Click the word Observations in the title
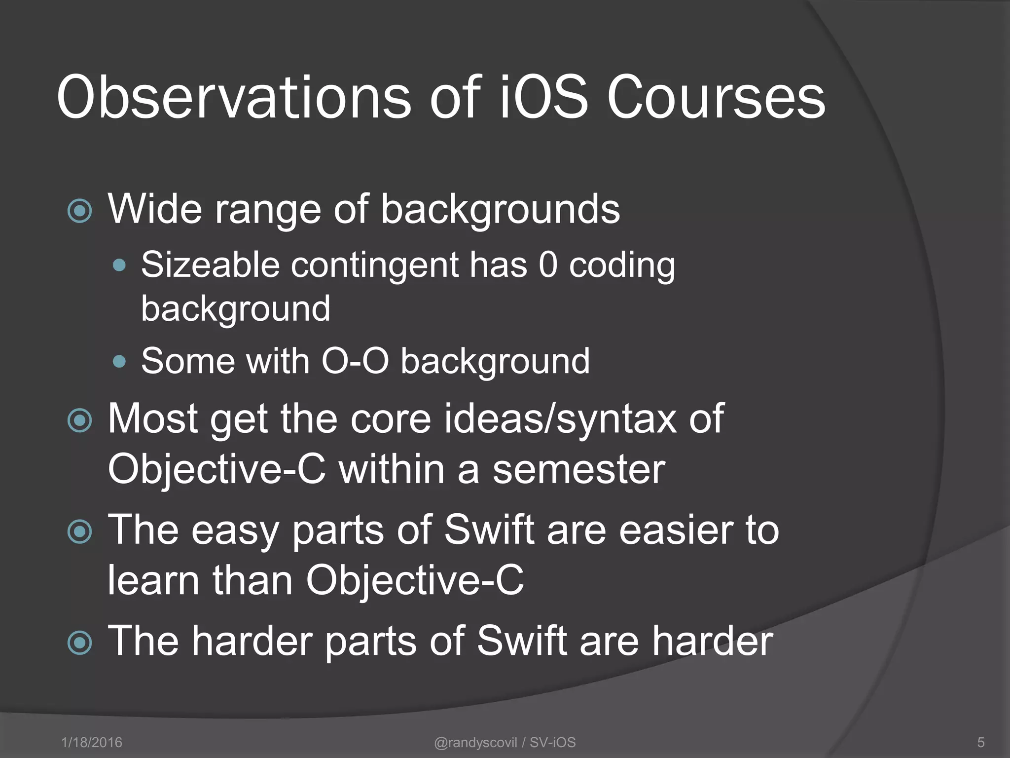(x=234, y=97)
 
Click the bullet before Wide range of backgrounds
(x=80, y=211)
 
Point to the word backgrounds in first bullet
(x=500, y=210)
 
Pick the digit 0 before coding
(x=548, y=265)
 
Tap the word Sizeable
(x=210, y=265)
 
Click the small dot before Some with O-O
(x=119, y=362)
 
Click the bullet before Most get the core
(x=80, y=421)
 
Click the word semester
(x=579, y=469)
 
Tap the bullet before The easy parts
(x=80, y=532)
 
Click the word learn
(x=153, y=580)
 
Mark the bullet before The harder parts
(x=80, y=643)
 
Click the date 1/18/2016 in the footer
(x=92, y=742)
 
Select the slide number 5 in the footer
(x=981, y=742)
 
